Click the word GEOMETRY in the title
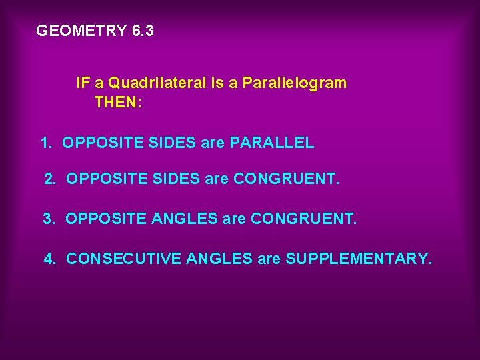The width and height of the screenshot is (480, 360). (x=81, y=31)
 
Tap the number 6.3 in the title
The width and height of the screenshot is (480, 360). (x=143, y=31)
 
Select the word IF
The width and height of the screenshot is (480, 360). (x=83, y=83)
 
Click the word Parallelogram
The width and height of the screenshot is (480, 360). (x=294, y=83)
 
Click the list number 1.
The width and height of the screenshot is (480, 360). (x=45, y=143)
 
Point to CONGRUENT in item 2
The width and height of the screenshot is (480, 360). (x=287, y=179)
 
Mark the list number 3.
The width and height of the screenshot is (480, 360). (x=49, y=219)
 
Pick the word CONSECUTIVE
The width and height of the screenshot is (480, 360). (x=124, y=258)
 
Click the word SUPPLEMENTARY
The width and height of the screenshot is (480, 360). (x=359, y=258)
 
